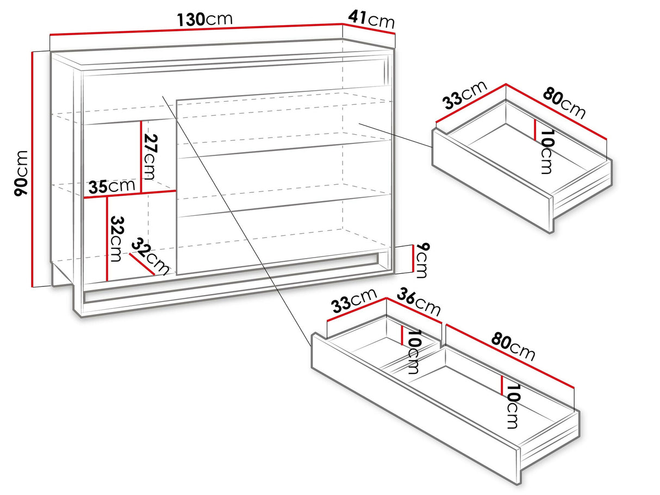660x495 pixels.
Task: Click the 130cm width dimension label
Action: [x=205, y=19]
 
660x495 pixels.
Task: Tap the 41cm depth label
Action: [x=371, y=19]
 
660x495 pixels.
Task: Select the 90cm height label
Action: [x=21, y=173]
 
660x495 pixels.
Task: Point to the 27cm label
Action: [x=151, y=157]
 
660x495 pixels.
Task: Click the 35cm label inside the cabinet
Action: [x=111, y=186]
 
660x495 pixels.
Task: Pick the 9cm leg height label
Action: [x=421, y=260]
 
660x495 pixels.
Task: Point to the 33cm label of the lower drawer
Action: [x=354, y=301]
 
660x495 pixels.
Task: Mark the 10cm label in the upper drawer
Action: [x=546, y=152]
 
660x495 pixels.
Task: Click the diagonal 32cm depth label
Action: [x=151, y=256]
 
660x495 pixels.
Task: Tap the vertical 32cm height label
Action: [x=116, y=239]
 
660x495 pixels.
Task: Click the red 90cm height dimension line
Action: [x=32, y=169]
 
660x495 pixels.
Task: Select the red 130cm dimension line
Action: [x=196, y=29]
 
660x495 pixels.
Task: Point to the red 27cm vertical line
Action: [x=141, y=156]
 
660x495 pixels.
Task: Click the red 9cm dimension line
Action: [x=413, y=258]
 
